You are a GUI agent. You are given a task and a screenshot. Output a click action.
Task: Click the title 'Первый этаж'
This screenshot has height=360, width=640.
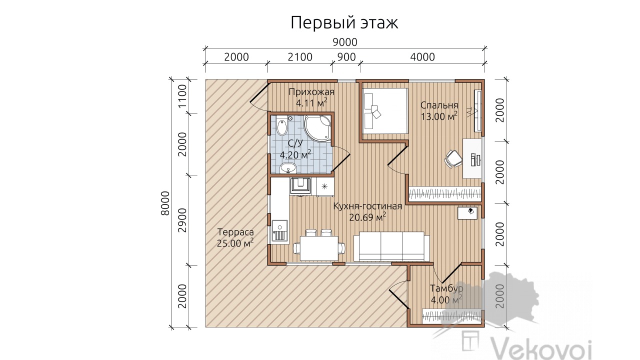click(x=344, y=23)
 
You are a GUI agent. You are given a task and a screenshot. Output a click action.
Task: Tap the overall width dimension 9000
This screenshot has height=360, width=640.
click(x=345, y=42)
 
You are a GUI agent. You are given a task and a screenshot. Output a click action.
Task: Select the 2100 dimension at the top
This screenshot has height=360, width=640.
click(x=300, y=57)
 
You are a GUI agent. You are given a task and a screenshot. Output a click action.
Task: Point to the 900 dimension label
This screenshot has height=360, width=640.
click(x=346, y=57)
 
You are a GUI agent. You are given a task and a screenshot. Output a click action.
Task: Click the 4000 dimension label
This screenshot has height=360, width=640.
click(x=422, y=57)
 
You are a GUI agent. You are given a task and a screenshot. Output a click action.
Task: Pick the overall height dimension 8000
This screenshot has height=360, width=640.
click(x=165, y=203)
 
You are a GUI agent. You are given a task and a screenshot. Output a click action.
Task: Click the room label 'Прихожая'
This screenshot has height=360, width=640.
click(x=311, y=92)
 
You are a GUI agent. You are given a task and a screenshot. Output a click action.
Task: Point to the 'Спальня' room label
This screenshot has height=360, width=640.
click(x=439, y=105)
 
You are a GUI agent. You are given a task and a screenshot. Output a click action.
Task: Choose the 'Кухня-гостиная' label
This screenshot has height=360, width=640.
click(x=367, y=206)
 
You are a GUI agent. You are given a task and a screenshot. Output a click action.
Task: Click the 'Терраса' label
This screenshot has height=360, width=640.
click(x=235, y=232)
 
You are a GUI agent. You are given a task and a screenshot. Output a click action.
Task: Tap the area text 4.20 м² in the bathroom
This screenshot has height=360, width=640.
click(x=295, y=155)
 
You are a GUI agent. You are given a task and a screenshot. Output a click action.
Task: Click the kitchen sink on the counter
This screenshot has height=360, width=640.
click(x=79, y=231)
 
